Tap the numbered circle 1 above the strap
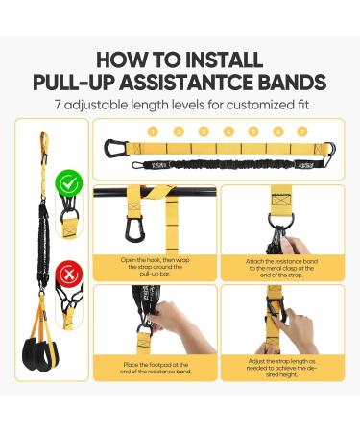152,131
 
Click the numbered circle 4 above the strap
228,131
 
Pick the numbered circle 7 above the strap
302,131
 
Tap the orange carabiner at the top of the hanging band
43,144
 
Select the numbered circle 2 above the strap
177,131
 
